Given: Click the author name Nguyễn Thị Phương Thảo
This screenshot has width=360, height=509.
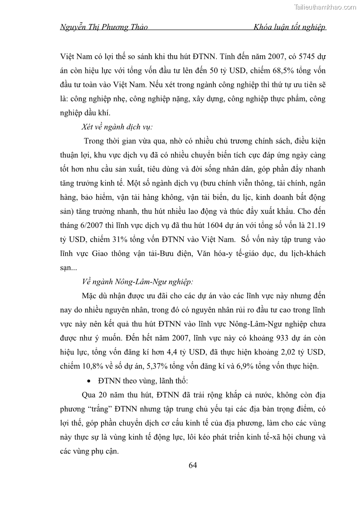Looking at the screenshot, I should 104,27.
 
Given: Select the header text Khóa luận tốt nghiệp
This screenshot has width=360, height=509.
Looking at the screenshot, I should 290,27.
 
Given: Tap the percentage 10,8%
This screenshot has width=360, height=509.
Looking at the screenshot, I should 92,366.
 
